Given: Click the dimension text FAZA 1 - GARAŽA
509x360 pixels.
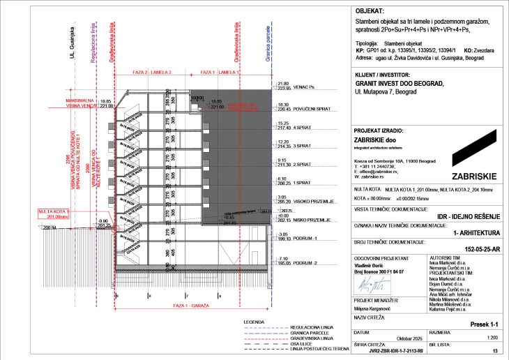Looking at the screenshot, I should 190,308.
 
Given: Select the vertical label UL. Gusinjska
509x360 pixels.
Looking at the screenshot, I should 71,43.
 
